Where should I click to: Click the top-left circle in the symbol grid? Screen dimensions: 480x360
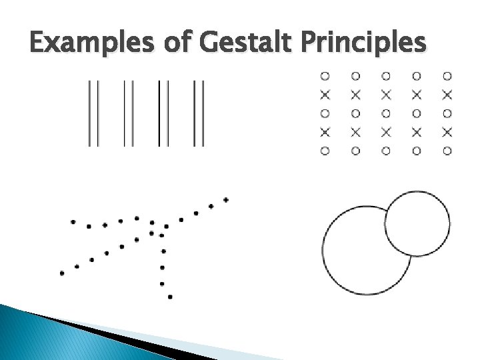tap(325, 76)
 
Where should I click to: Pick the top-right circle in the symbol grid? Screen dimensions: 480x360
tap(447, 76)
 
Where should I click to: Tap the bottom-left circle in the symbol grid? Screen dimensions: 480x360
tap(325, 151)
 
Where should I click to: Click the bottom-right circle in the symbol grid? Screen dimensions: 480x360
tap(447, 151)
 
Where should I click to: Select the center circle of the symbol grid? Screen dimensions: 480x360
tap(386, 113)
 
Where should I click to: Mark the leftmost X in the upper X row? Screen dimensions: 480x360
tap(325, 95)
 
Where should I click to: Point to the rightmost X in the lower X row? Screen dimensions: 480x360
tap(447, 132)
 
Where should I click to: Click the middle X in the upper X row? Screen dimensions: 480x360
tap(386, 95)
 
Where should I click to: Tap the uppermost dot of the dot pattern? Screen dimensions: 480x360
tap(226, 199)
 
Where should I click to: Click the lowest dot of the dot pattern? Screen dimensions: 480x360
tap(170, 297)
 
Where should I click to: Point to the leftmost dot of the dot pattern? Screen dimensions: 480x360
tap(62, 273)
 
